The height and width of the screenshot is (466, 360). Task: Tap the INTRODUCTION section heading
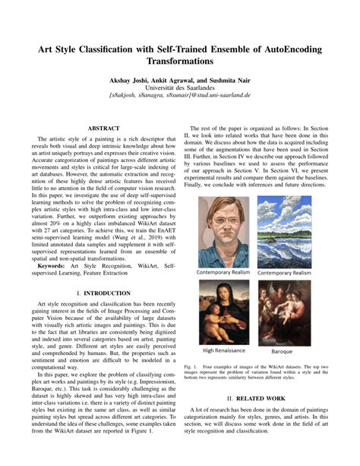pyautogui.click(x=100, y=291)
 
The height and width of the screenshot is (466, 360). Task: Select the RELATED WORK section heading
pyautogui.click(x=262, y=397)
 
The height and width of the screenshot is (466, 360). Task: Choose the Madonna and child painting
pyautogui.click(x=225, y=312)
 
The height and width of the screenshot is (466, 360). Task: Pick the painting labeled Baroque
pyautogui.click(x=284, y=312)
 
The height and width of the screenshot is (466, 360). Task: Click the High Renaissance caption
pyautogui.click(x=225, y=351)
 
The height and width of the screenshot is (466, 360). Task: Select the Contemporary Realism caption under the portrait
pyautogui.click(x=225, y=272)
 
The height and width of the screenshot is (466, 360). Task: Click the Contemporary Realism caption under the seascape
pyautogui.click(x=284, y=272)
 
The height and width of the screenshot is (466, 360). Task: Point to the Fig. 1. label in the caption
pyautogui.click(x=192, y=366)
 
